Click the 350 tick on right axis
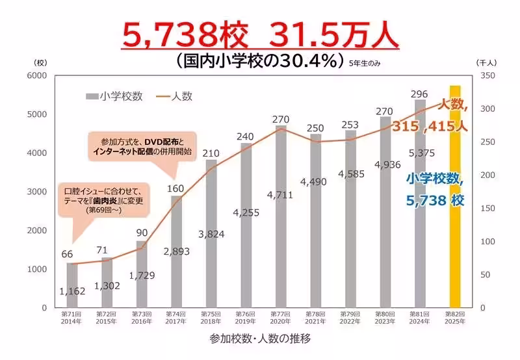[x=486, y=75]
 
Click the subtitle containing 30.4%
[x=260, y=61]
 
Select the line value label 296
[x=420, y=94]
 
